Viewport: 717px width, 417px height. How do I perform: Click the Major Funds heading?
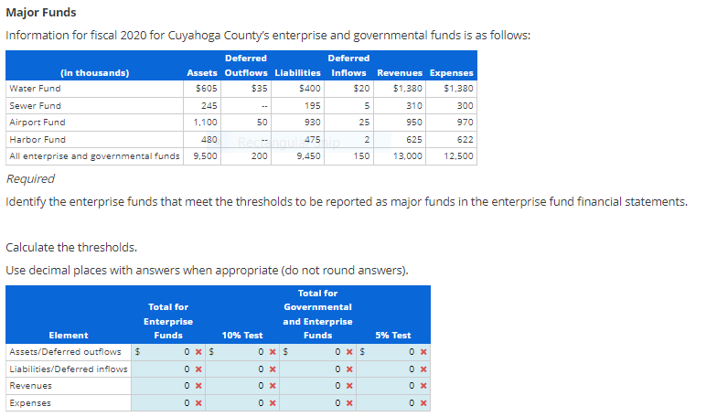click(x=41, y=13)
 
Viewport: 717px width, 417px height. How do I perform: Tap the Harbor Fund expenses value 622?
click(x=462, y=140)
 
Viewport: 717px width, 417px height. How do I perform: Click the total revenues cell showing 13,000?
click(x=407, y=156)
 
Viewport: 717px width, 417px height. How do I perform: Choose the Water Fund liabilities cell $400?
click(x=309, y=89)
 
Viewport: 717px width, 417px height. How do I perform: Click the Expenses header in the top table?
click(x=451, y=72)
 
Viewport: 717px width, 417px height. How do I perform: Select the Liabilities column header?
click(x=297, y=72)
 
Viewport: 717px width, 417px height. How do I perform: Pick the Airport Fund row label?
click(x=37, y=123)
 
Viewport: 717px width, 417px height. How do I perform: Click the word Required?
click(x=30, y=179)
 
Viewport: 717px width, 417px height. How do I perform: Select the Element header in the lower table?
click(x=69, y=336)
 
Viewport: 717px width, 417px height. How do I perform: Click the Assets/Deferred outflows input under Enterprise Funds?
click(x=169, y=351)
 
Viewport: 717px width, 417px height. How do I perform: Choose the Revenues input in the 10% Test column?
click(x=242, y=386)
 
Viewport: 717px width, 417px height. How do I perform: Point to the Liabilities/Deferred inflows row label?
click(x=68, y=369)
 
